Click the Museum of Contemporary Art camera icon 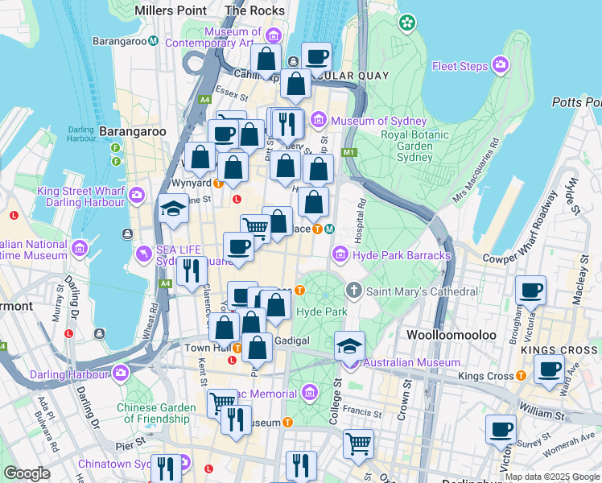click(x=273, y=36)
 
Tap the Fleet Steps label click(x=462, y=66)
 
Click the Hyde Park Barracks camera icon click(x=340, y=255)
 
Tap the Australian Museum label click(x=400, y=363)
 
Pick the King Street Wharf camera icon click(x=137, y=194)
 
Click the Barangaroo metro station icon click(x=152, y=40)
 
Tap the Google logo click(x=27, y=473)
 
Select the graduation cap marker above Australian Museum click(x=349, y=345)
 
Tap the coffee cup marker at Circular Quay click(x=317, y=56)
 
